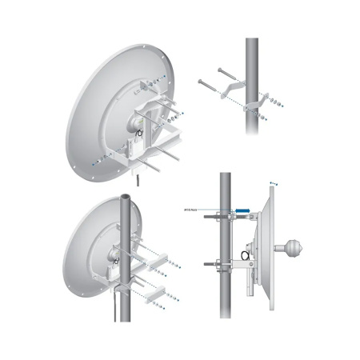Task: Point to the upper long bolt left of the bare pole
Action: click(x=210, y=78)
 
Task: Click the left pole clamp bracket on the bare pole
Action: click(x=234, y=83)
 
